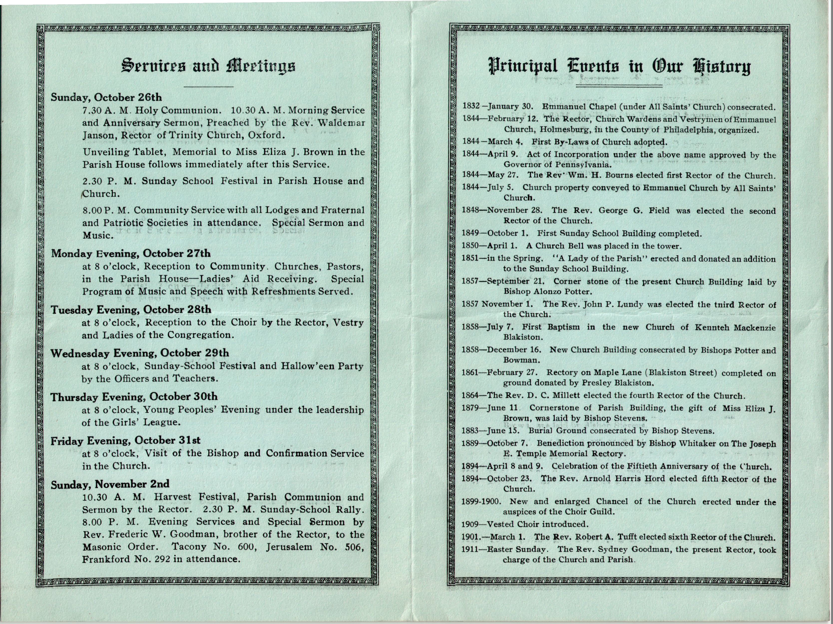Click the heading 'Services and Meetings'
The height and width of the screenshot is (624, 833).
[x=208, y=66]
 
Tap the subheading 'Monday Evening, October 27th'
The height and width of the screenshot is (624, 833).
[x=131, y=253]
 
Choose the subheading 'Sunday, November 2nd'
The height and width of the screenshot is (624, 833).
[x=110, y=484]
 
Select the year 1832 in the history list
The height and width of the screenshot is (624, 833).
[x=471, y=106]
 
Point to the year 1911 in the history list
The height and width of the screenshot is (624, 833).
[x=470, y=549]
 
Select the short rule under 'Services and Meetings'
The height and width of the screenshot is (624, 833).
[x=208, y=87]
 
